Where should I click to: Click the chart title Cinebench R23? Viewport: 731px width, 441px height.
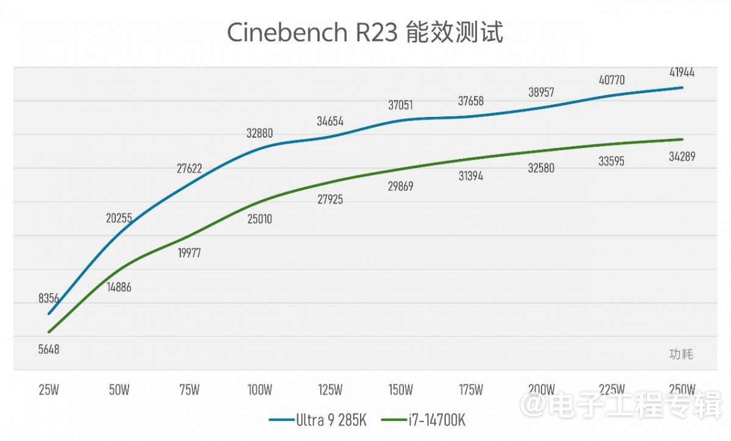365,33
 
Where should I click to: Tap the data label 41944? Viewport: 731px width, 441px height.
682,72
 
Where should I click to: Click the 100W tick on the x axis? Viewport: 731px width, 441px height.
260,390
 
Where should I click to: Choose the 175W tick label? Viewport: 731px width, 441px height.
471,390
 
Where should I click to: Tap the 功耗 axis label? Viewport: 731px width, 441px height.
681,354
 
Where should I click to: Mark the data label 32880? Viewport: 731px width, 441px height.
260,133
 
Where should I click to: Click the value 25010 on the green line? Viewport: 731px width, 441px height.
260,219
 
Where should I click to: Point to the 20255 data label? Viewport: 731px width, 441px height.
119,218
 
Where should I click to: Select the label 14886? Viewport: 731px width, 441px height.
118,287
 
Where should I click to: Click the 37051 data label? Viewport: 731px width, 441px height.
400,105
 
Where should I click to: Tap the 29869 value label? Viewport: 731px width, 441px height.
400,186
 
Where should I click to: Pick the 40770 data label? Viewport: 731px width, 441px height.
612,80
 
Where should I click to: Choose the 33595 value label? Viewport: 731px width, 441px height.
612,161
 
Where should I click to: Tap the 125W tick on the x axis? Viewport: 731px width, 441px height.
330,390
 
